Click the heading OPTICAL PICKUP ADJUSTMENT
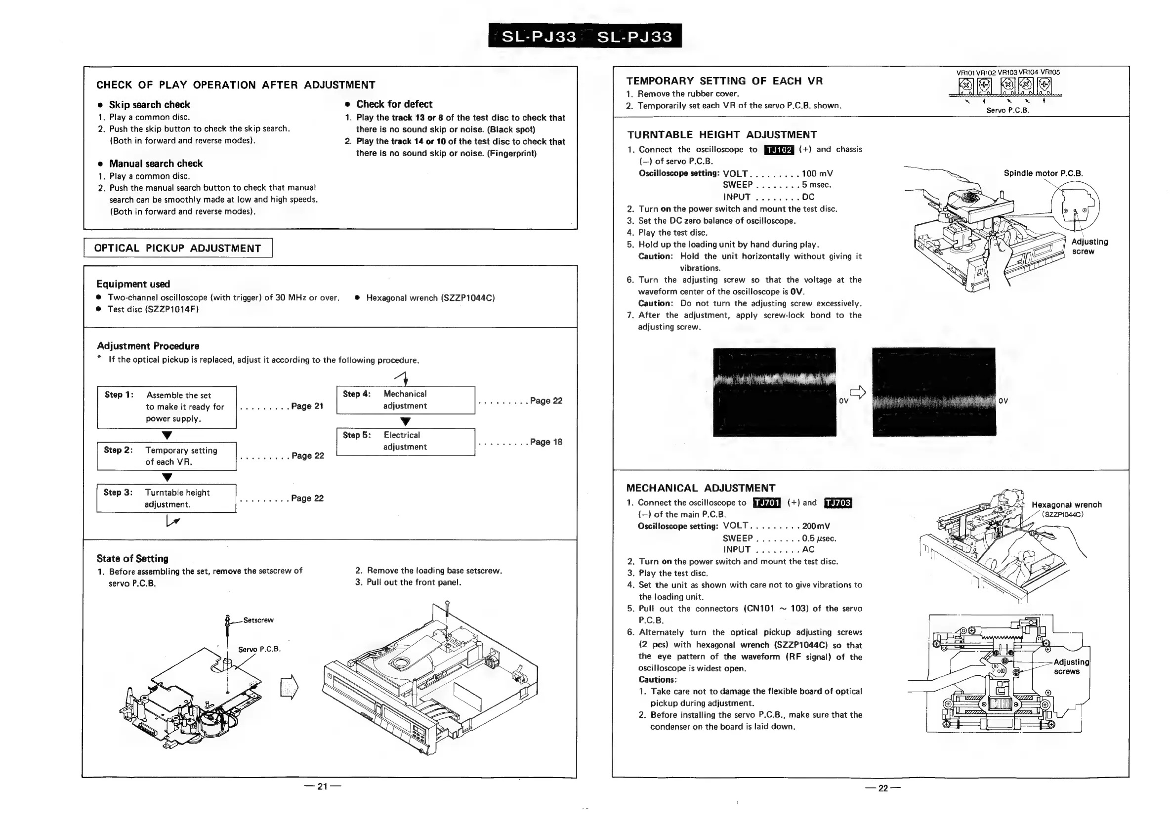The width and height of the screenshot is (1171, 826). (x=177, y=248)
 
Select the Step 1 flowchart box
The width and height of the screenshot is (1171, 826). (x=167, y=407)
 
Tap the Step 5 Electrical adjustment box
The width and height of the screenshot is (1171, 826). (x=406, y=442)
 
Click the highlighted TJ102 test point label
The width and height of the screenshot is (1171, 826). (x=779, y=150)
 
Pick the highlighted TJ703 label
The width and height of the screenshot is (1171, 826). (x=838, y=503)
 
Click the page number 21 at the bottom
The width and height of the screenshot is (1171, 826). (x=322, y=787)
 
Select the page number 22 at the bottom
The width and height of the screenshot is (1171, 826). (x=883, y=788)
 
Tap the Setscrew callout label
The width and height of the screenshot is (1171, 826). (x=258, y=620)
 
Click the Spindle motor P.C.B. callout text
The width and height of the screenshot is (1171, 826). (x=1043, y=173)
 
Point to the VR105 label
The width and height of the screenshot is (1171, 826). (x=1050, y=73)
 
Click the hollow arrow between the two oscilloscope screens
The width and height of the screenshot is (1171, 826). (x=858, y=392)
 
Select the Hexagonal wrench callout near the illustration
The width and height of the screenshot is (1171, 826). (x=1066, y=505)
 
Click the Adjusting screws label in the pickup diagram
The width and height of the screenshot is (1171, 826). (x=1071, y=666)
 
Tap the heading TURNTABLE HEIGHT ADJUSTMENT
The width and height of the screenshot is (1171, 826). (x=722, y=135)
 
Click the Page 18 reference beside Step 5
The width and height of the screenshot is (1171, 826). (x=545, y=442)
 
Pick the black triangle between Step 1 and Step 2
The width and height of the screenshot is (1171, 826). (x=167, y=435)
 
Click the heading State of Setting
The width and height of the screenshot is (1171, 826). (x=132, y=559)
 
